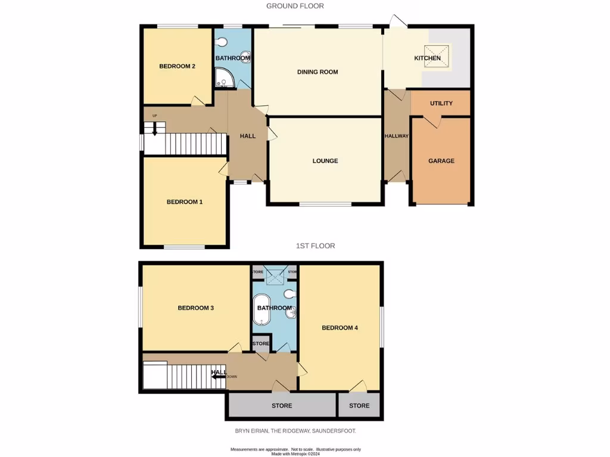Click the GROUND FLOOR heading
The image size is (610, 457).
[x=295, y=6]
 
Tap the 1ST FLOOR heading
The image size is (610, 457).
[x=316, y=246]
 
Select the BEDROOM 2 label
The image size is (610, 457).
[x=177, y=66]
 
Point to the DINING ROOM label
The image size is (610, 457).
[x=318, y=72]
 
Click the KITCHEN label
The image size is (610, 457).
[x=427, y=58]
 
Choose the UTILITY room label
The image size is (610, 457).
[x=441, y=104]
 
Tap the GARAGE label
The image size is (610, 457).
[x=441, y=161]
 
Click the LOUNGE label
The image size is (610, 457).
[x=325, y=161]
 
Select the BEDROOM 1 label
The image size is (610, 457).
[x=184, y=202]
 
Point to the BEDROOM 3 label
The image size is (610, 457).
[x=195, y=308]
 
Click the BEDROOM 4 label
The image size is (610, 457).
[x=340, y=328]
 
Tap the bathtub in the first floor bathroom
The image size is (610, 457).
[x=263, y=309]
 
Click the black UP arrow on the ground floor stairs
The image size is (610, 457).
[x=154, y=129]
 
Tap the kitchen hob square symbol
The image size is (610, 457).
[x=433, y=53]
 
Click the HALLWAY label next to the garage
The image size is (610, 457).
[x=396, y=136]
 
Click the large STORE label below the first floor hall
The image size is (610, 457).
[x=282, y=406]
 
